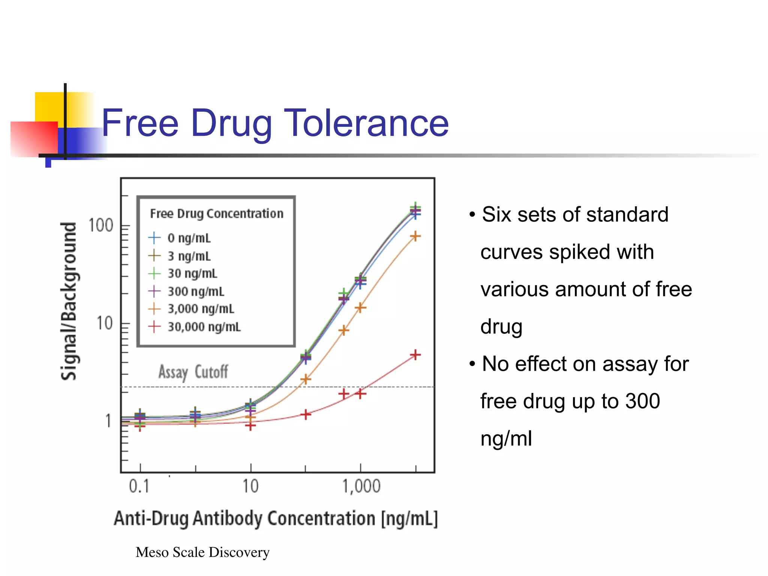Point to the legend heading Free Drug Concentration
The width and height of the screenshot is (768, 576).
217,214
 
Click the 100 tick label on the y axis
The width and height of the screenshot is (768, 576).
100,226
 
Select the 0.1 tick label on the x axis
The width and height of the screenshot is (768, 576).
139,486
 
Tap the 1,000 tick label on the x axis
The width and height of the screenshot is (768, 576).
361,486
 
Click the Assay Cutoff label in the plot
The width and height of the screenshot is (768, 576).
193,372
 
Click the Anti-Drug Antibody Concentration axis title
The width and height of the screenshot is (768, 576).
276,519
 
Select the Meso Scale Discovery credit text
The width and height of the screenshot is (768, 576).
202,552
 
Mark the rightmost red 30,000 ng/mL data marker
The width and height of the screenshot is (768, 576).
415,355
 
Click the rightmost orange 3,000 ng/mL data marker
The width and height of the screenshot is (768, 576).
415,236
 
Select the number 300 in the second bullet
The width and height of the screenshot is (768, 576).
642,401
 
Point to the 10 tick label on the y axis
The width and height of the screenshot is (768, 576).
104,323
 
